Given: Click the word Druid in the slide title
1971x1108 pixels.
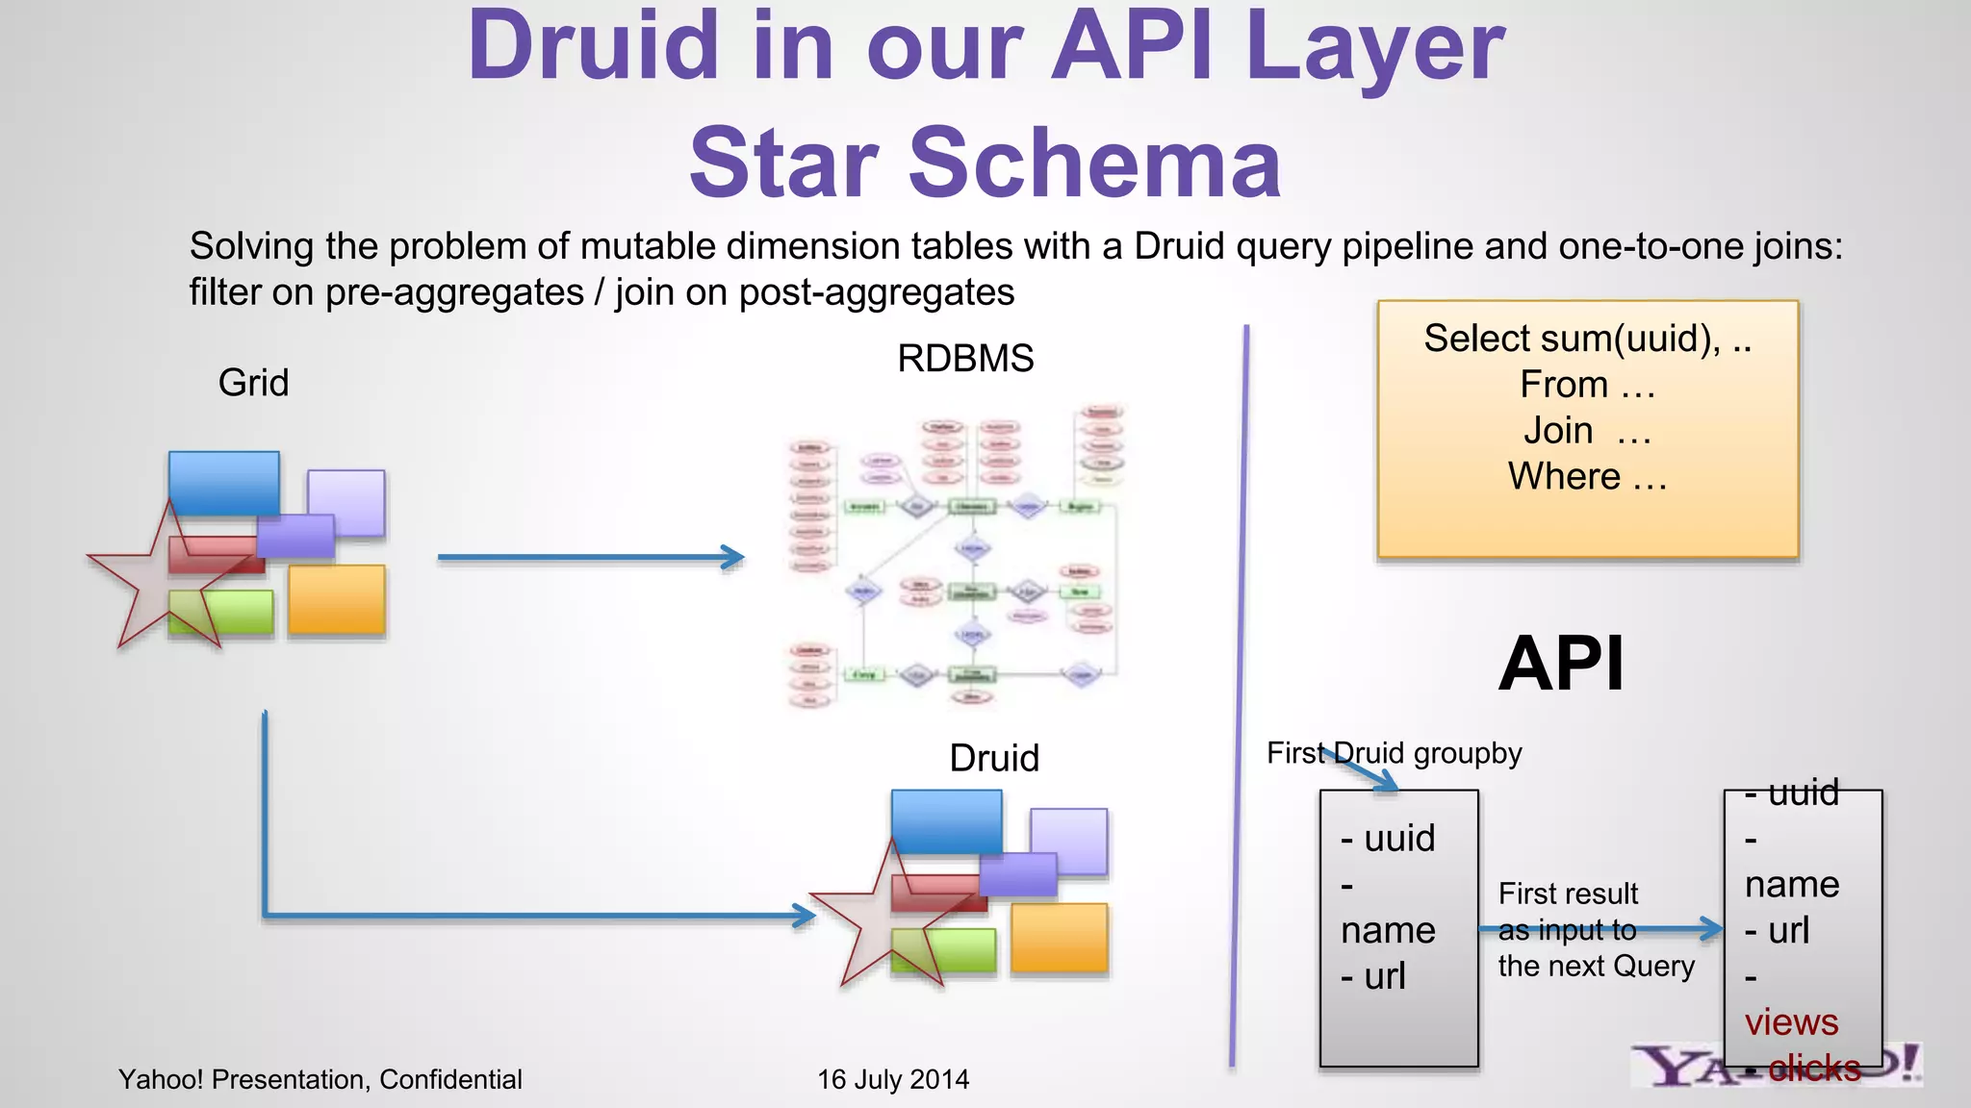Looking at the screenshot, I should point(593,46).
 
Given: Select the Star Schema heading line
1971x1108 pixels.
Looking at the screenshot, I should point(985,164).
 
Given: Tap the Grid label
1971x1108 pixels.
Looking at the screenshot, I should point(253,383).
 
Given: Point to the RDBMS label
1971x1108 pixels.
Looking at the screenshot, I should point(965,359).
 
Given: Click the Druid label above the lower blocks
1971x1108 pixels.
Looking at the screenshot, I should point(994,758).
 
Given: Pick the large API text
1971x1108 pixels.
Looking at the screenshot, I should point(1561,664).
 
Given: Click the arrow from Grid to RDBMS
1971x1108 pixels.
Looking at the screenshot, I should point(589,557).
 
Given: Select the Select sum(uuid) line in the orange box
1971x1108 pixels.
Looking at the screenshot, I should point(1587,339).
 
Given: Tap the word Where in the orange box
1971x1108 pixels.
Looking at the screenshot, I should point(1564,477).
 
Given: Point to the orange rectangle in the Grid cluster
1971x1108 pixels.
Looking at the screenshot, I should point(336,599).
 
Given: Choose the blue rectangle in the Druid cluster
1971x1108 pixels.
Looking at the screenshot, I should point(946,820).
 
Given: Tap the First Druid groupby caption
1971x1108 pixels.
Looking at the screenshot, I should point(1394,753).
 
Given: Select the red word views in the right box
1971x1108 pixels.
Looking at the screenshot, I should point(1791,1022).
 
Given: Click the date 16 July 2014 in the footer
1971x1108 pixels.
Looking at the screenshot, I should point(892,1079).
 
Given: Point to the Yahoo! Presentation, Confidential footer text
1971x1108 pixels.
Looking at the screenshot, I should point(320,1079).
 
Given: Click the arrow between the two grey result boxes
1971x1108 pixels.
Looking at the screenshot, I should point(1600,929).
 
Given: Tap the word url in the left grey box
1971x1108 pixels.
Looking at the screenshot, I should point(1384,977).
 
